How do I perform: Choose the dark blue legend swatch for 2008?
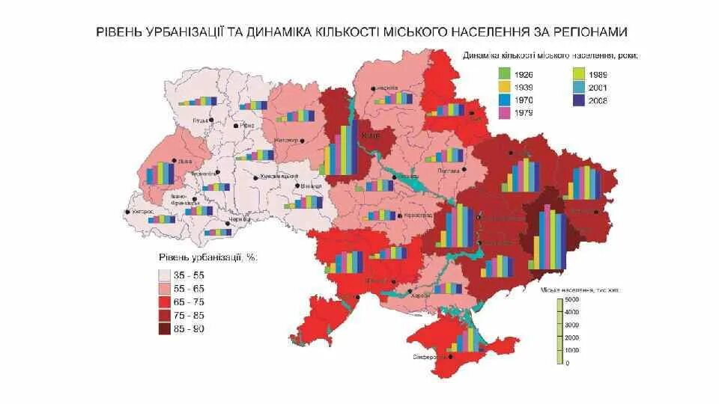(x=577, y=100)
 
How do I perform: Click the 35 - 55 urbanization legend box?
(x=166, y=275)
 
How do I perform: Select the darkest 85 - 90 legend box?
(x=166, y=329)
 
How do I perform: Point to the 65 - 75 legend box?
(x=166, y=302)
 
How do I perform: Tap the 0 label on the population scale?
(x=567, y=364)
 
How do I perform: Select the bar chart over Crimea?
(x=467, y=340)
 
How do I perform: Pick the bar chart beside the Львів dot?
(x=160, y=173)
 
